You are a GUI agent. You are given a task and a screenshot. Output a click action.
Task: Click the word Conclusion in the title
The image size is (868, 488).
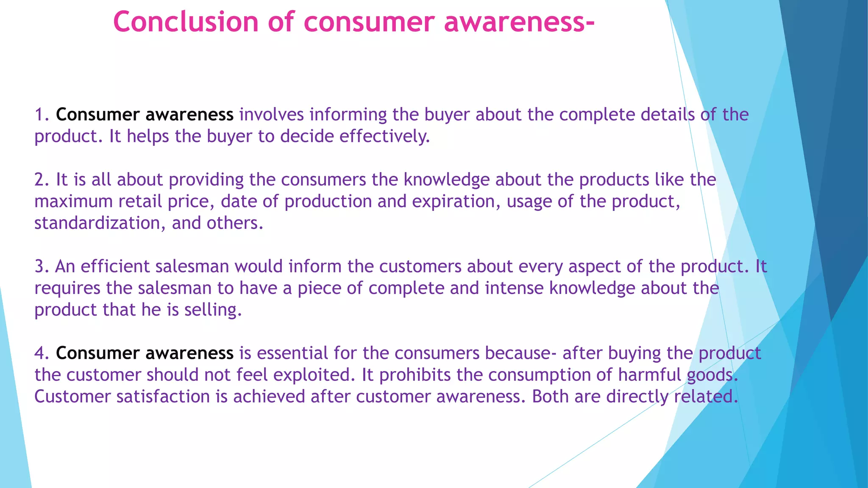click(186, 22)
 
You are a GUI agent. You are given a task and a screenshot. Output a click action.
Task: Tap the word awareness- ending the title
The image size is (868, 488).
click(519, 22)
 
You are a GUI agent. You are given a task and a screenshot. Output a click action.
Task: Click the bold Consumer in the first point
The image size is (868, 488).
click(97, 115)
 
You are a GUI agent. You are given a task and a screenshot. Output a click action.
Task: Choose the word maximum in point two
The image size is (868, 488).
click(73, 202)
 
